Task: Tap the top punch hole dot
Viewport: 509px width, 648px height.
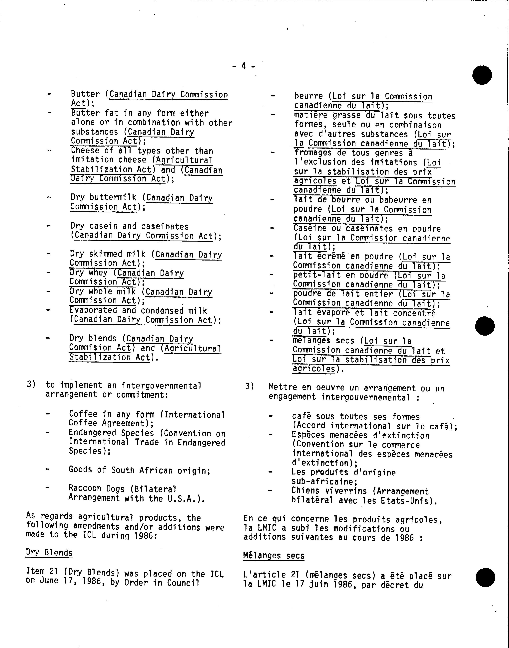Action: point(482,75)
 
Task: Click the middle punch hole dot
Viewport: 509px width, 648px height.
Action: point(485,326)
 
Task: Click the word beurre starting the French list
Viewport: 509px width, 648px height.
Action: point(308,96)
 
